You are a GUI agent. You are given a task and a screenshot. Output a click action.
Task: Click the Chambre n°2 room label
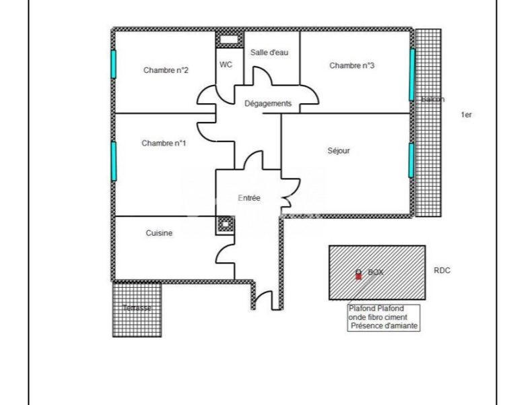click(165, 70)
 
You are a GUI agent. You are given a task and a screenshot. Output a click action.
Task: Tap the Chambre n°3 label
click(351, 65)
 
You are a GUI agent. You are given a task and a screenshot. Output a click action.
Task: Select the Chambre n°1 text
click(164, 143)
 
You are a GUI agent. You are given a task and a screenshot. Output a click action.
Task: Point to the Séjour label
click(339, 151)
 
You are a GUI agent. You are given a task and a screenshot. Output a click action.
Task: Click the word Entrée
click(249, 197)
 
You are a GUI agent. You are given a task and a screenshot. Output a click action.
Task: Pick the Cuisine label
click(160, 233)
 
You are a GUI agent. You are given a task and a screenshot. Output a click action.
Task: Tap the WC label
click(225, 65)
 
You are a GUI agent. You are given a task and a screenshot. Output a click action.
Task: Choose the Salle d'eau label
click(269, 52)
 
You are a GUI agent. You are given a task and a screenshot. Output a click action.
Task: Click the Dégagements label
click(267, 104)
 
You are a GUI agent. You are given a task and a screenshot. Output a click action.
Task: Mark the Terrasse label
click(137, 308)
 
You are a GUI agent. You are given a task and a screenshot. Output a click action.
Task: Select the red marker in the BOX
click(358, 275)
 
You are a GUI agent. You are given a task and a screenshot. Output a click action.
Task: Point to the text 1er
click(466, 115)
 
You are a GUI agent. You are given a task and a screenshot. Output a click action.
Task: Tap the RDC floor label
click(442, 271)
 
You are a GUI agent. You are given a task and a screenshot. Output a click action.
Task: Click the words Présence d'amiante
click(383, 326)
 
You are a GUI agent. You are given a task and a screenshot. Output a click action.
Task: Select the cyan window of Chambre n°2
click(114, 65)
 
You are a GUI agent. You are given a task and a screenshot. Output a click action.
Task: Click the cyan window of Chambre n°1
click(114, 160)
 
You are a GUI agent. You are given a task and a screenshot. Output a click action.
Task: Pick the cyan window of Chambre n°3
click(411, 74)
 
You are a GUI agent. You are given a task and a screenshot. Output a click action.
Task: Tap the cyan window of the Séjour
click(411, 160)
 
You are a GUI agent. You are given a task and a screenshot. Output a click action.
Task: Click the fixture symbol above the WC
click(229, 39)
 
